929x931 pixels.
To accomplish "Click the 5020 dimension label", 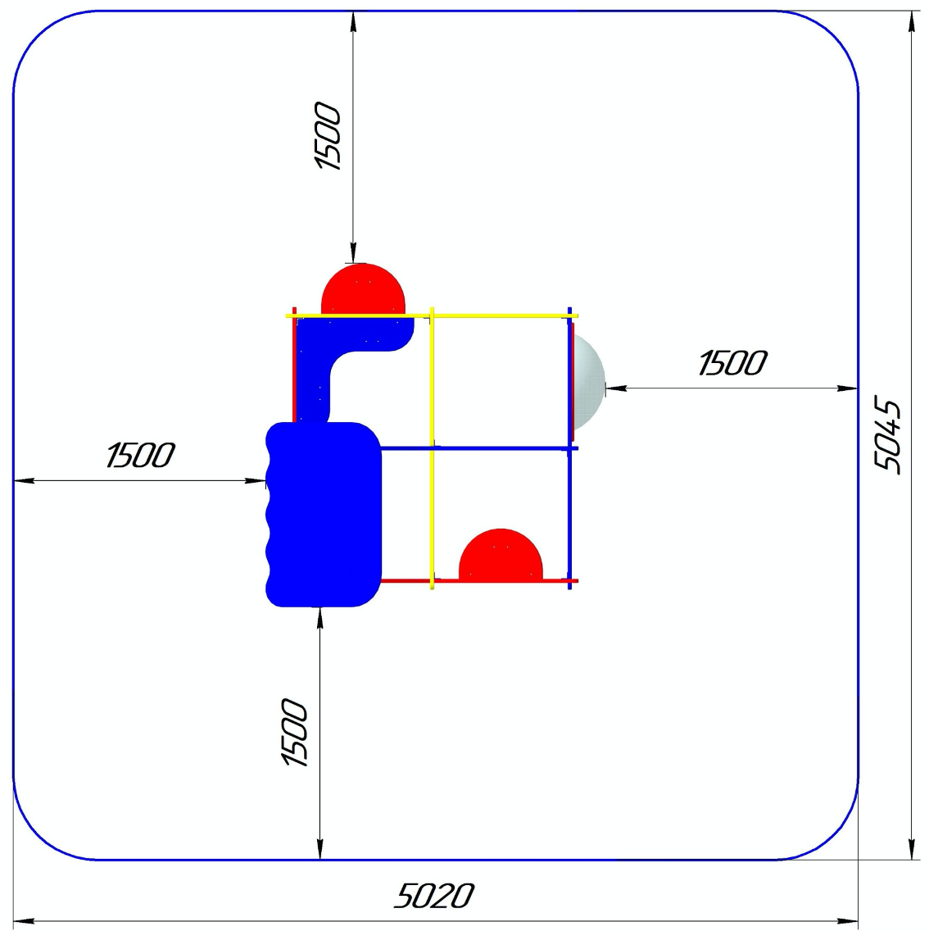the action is coord(434,896).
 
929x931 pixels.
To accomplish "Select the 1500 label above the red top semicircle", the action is coord(328,136).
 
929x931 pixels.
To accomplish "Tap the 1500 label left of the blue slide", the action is coord(141,456).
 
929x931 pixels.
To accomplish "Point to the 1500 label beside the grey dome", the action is coord(732,363).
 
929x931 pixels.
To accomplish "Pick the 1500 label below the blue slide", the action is coord(294,732).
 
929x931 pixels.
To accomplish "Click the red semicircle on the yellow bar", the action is coord(363,288).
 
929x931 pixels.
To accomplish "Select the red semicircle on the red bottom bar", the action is coord(501,554).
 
